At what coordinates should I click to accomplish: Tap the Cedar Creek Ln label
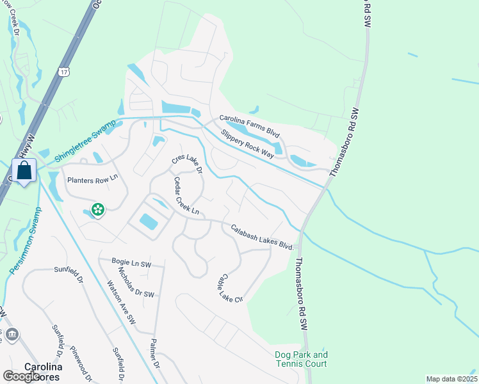click(186, 196)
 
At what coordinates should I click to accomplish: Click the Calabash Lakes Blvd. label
click(262, 236)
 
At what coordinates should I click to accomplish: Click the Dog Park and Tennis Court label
click(301, 359)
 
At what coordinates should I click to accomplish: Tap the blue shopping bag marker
click(24, 171)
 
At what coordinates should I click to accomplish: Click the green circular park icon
click(97, 209)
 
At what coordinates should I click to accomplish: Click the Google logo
click(21, 377)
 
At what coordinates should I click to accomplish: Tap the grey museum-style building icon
click(12, 334)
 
